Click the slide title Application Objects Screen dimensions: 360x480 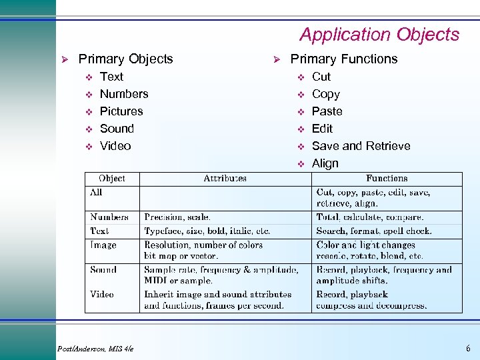click(x=379, y=35)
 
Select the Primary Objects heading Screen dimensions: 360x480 click(x=125, y=59)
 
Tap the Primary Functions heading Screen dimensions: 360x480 click(x=343, y=59)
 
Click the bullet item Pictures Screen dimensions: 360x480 click(x=121, y=111)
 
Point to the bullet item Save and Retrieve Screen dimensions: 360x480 click(x=361, y=146)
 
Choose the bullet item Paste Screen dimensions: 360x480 click(x=327, y=111)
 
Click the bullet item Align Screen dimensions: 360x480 click(x=325, y=163)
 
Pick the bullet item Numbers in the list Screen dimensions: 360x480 click(x=124, y=94)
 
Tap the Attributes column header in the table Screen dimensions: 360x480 click(x=225, y=179)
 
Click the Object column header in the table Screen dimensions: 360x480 click(x=111, y=179)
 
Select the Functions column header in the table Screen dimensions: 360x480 click(x=387, y=179)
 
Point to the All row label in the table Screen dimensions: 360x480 click(x=97, y=192)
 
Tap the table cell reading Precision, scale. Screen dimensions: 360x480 click(x=177, y=217)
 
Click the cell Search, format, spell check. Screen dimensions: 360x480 click(x=373, y=231)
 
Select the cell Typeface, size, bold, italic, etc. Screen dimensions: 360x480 click(x=207, y=231)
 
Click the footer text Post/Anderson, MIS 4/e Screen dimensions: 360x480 click(x=95, y=349)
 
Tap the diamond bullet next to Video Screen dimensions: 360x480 click(x=89, y=147)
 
